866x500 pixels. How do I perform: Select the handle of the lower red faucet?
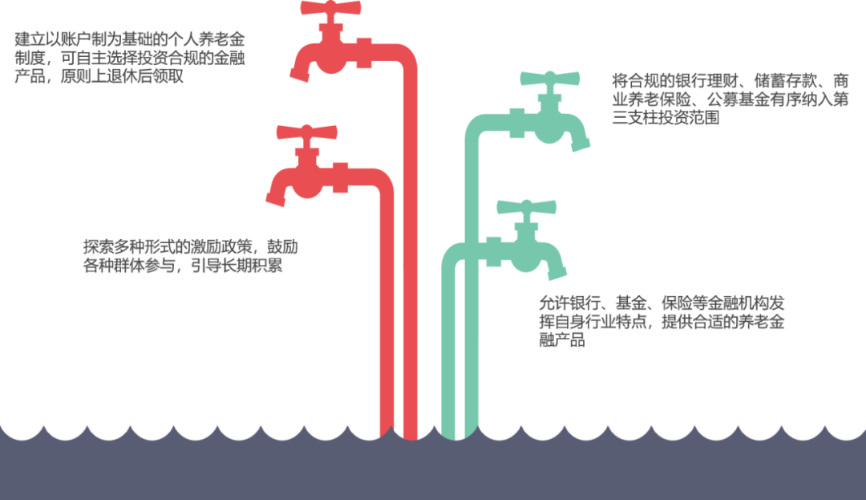click(x=307, y=132)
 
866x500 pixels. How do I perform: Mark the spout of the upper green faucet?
click(x=581, y=142)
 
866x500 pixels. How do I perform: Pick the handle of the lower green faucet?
click(x=526, y=208)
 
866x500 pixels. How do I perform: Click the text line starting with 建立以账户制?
click(x=129, y=40)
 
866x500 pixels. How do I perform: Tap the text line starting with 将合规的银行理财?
click(x=730, y=81)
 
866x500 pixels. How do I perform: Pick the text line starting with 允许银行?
click(x=662, y=303)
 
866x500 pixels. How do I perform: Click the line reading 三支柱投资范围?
click(x=665, y=118)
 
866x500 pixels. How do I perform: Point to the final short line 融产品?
click(x=561, y=340)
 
